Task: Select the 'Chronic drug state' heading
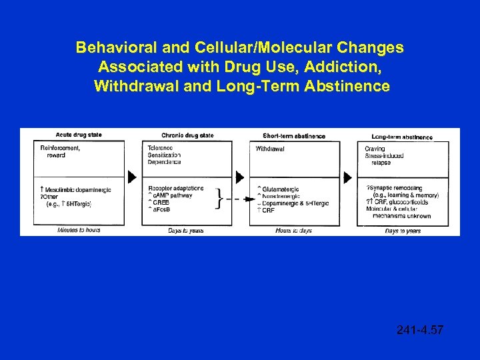(x=187, y=135)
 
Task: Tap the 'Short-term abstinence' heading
(x=294, y=136)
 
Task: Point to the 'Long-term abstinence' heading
(x=402, y=137)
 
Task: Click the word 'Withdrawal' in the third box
(x=270, y=149)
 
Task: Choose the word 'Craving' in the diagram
(x=375, y=149)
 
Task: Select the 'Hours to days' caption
(x=294, y=231)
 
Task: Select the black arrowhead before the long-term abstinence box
(x=347, y=177)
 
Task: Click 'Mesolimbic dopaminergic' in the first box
(x=77, y=190)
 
